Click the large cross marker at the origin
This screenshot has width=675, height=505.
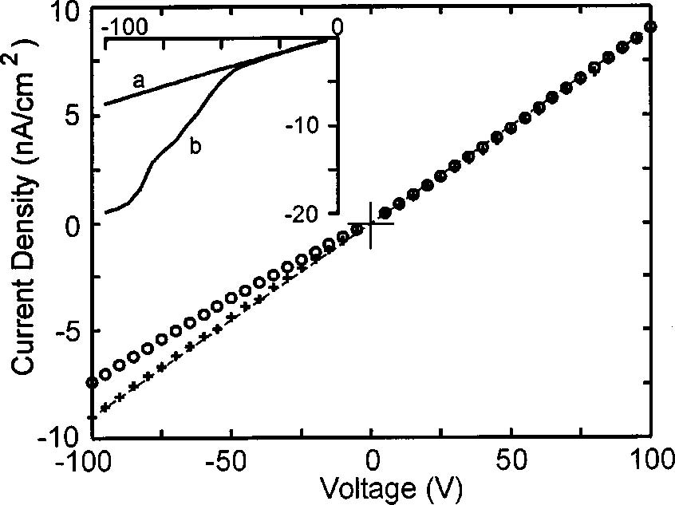click(371, 224)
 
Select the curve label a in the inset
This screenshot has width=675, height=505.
click(138, 80)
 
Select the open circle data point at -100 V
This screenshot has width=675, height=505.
click(93, 383)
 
